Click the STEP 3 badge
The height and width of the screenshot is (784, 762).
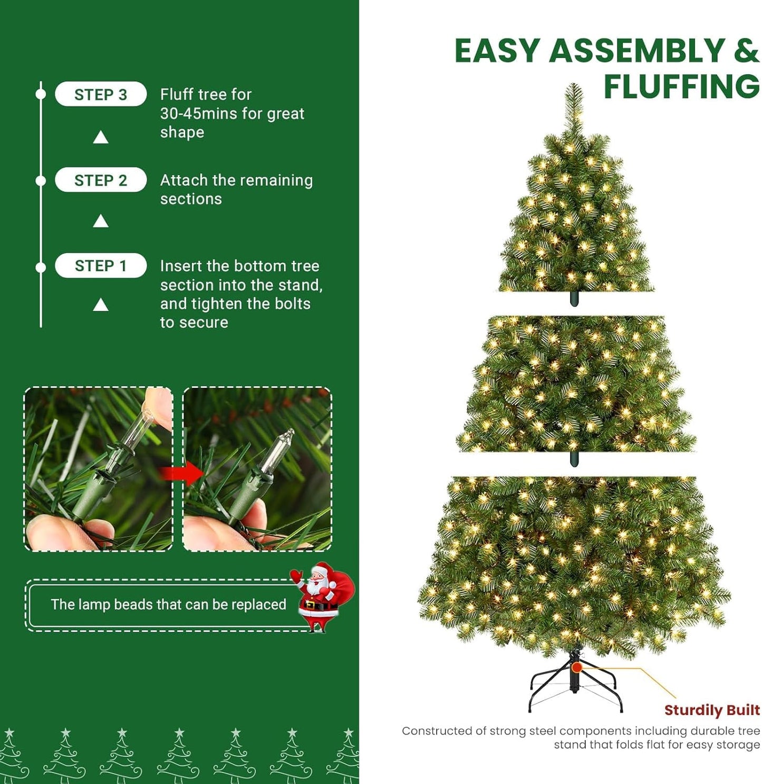[x=101, y=94]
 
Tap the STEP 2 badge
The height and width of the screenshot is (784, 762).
[x=101, y=180]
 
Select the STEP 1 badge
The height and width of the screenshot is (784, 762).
[x=101, y=266]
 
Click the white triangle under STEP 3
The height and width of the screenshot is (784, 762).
[x=101, y=138]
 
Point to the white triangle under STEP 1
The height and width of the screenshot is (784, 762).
[x=101, y=305]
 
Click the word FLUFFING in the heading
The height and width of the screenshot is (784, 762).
[x=681, y=86]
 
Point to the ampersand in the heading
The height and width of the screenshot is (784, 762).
[x=745, y=51]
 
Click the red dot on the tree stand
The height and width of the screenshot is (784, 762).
[x=577, y=668]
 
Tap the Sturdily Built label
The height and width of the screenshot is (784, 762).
[x=712, y=710]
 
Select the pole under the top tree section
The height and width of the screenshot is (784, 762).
[x=574, y=299]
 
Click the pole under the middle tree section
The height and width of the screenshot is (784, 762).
[x=574, y=459]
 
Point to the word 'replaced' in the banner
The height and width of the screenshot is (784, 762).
[x=258, y=604]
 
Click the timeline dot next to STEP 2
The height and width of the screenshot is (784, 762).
[x=41, y=181]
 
